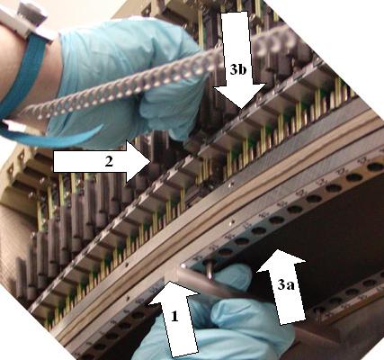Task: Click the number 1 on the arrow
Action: pos(174,316)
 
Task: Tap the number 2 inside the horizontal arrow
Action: pos(109,162)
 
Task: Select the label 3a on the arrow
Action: pos(286,283)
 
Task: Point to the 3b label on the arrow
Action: pos(238,69)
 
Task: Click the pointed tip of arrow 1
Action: pos(169,281)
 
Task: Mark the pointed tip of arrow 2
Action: pos(151,162)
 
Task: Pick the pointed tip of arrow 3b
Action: pos(242,109)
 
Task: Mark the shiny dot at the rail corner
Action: pos(183,265)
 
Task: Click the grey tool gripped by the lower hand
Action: pos(210,285)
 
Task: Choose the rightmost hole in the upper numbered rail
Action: pos(375,167)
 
